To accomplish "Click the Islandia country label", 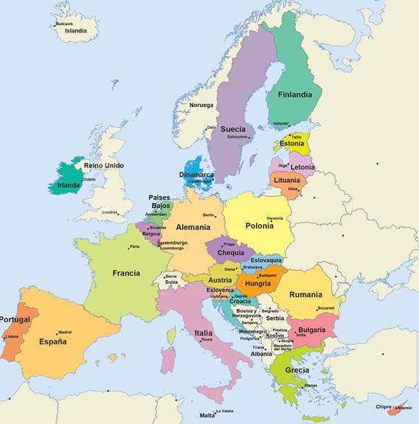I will [76, 31].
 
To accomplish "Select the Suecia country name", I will [232, 129].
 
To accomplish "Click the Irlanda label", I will [69, 185].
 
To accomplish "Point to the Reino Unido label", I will [104, 165].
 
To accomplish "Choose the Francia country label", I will [126, 273].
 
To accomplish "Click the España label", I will [52, 341].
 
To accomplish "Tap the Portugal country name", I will [15, 319].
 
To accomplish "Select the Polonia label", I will [259, 226].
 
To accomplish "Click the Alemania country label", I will [193, 227].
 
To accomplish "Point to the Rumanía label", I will [305, 294].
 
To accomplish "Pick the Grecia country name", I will [297, 369].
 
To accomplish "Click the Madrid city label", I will [65, 332].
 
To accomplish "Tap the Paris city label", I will [134, 246].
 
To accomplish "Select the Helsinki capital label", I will [281, 123].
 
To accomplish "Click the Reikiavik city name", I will [65, 24].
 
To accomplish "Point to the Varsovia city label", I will [274, 218].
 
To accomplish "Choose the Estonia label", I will [291, 143].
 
